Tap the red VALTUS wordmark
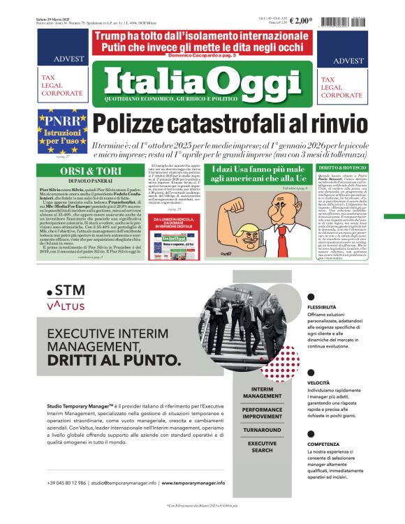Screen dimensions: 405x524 tap(66, 305)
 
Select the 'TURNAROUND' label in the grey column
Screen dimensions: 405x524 tap(263, 430)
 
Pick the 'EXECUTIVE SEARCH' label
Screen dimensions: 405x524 tap(263, 447)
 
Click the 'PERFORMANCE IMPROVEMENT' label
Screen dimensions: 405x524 tap(263, 412)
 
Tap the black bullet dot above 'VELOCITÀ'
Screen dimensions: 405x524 tap(311, 373)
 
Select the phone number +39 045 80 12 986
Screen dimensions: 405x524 tap(67, 482)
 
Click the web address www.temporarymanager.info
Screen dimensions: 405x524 tap(193, 482)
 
